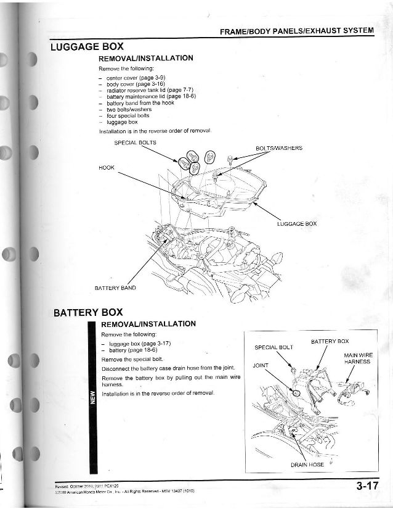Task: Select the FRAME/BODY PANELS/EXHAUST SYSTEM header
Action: point(296,31)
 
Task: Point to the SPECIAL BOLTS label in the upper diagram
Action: point(136,143)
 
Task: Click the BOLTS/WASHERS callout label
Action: point(278,148)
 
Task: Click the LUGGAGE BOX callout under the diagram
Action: point(297,223)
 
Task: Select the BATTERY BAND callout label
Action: point(115,288)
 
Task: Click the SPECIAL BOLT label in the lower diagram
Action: point(274,347)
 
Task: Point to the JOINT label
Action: point(261,366)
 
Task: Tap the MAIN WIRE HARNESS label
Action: point(357,358)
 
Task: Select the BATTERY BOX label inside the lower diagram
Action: point(330,341)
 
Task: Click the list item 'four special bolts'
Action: point(128,115)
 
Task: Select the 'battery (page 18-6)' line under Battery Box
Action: point(132,350)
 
